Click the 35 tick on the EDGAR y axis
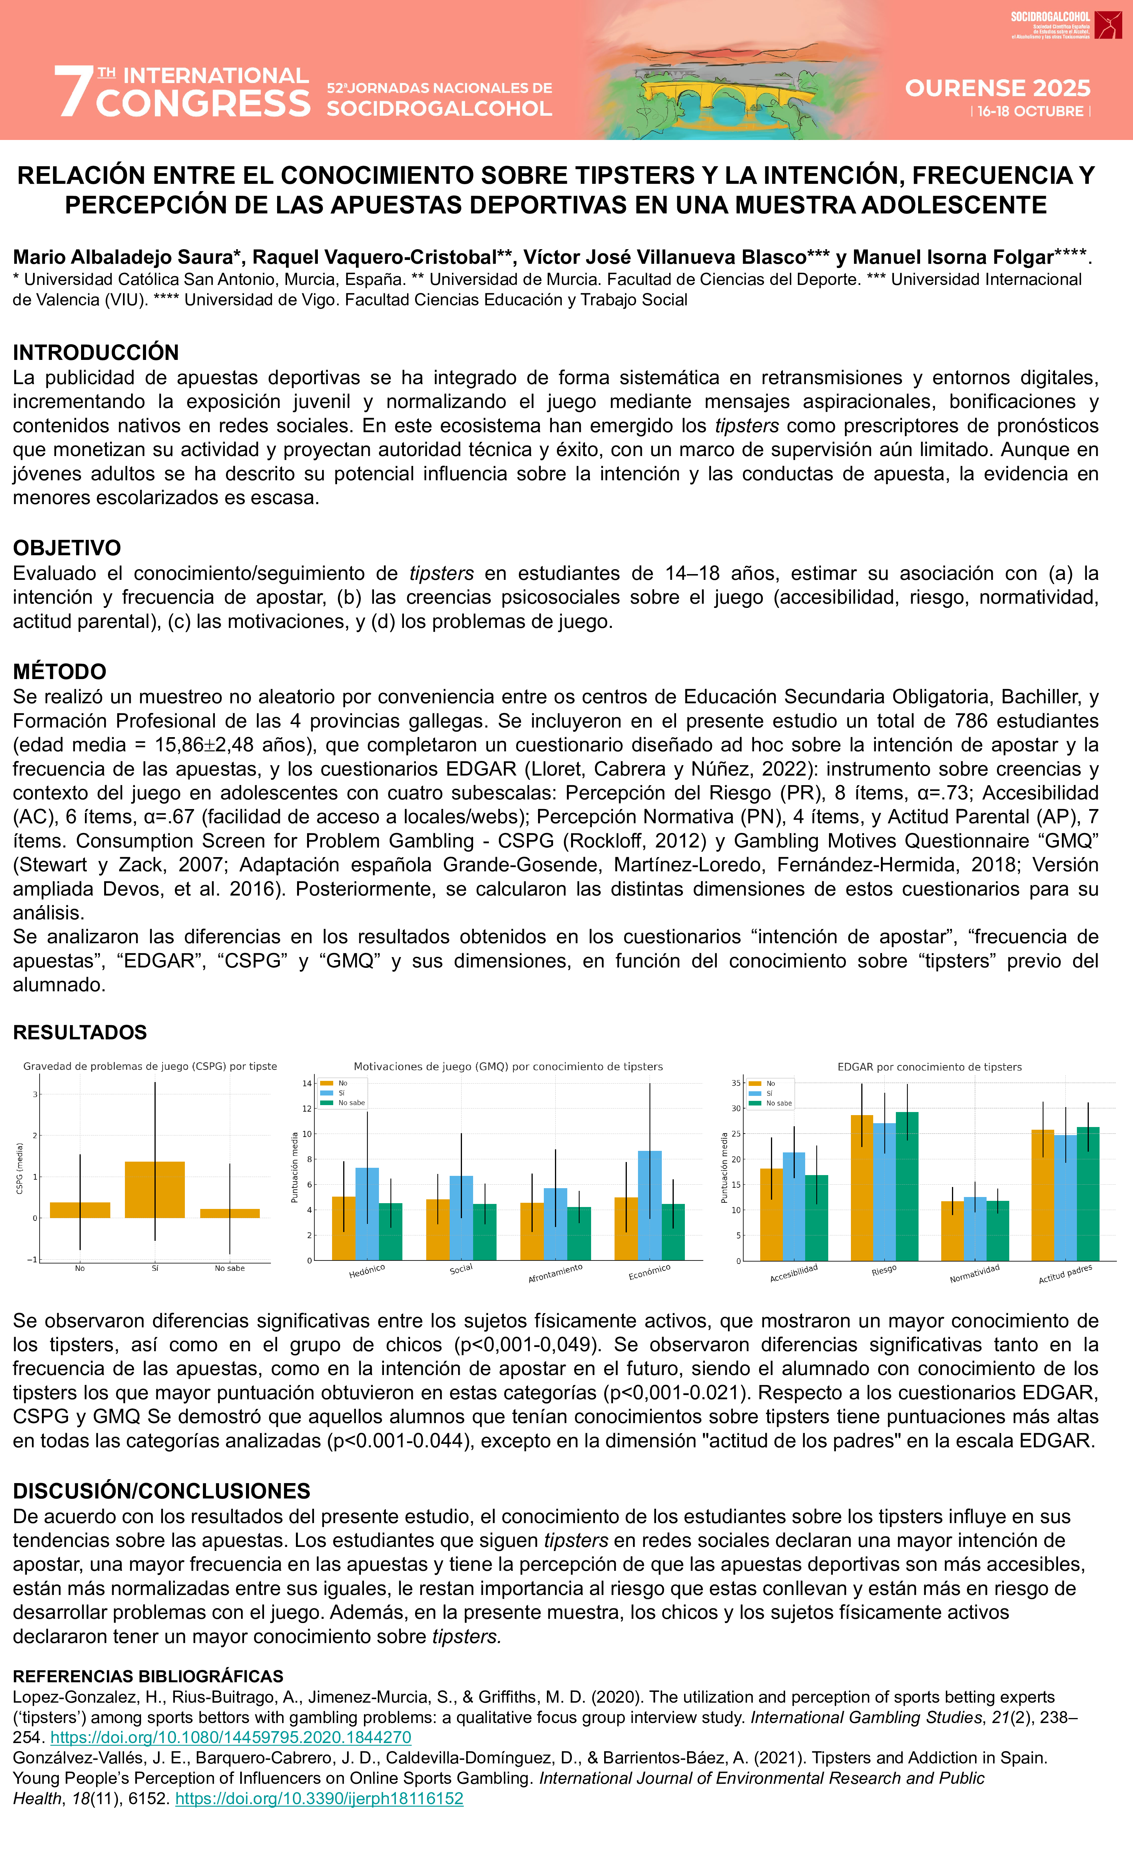click(x=736, y=1083)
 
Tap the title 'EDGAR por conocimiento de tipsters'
click(x=929, y=1066)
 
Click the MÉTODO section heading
click(x=60, y=671)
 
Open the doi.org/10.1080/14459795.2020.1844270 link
click(x=231, y=1737)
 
